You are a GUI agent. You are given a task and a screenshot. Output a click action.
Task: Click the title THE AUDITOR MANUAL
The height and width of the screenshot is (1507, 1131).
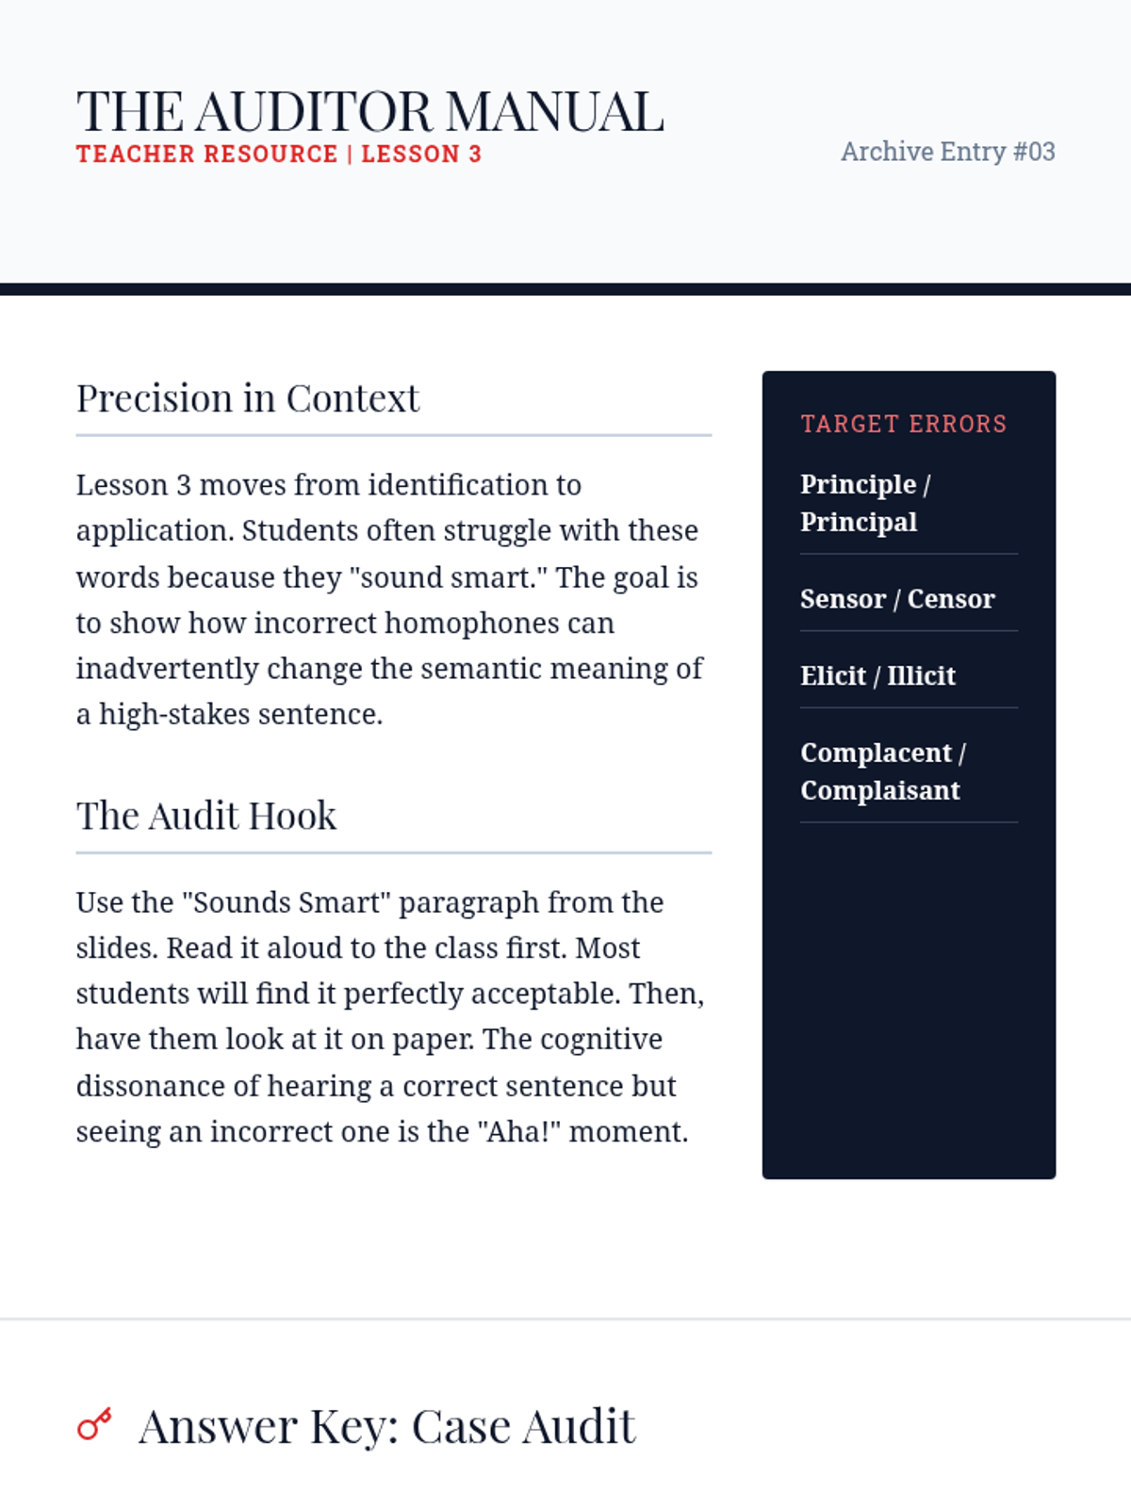coord(369,111)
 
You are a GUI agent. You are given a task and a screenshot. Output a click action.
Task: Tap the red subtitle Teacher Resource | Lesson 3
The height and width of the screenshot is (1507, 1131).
coord(278,154)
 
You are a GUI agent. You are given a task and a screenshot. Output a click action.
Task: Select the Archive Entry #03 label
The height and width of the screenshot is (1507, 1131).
coord(947,152)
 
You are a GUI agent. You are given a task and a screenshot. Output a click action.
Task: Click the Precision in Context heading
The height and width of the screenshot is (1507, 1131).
coord(247,398)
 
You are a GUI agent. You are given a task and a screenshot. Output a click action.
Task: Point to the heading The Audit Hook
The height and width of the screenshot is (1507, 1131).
coord(205,816)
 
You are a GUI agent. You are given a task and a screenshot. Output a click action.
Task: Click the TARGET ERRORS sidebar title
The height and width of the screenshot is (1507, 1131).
coord(903,424)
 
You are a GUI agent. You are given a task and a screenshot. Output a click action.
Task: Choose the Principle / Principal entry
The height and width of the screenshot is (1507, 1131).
coord(864,503)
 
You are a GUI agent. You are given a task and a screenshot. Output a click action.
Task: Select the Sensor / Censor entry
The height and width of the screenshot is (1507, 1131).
coord(896,599)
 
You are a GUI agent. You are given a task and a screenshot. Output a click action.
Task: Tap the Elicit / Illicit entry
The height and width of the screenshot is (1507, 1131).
coord(877,676)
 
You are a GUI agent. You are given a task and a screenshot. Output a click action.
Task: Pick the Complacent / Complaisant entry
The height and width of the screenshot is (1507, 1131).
coord(882,771)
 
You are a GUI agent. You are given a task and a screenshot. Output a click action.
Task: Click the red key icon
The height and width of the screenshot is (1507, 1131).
coord(94,1424)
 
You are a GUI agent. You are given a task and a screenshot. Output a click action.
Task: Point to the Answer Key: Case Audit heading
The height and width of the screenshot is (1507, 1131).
coord(386,1426)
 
